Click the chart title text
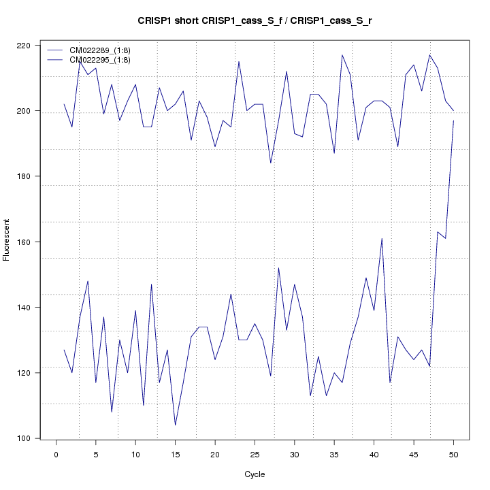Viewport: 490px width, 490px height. point(255,21)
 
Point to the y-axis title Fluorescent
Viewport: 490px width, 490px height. point(7,240)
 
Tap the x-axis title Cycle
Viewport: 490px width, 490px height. point(255,474)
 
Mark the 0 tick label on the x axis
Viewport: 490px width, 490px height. point(56,454)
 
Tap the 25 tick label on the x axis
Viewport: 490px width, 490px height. point(255,454)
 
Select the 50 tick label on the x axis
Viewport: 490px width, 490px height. point(453,454)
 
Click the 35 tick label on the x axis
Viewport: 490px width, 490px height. point(334,454)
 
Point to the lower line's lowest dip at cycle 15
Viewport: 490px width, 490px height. point(175,425)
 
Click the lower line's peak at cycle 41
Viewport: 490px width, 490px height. point(382,239)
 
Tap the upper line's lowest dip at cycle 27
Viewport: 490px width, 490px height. point(271,163)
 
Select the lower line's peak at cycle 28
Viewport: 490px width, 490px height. point(278,268)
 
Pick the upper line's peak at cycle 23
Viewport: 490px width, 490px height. point(239,62)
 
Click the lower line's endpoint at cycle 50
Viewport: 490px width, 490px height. point(453,120)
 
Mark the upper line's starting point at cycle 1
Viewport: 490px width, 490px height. point(64,104)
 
